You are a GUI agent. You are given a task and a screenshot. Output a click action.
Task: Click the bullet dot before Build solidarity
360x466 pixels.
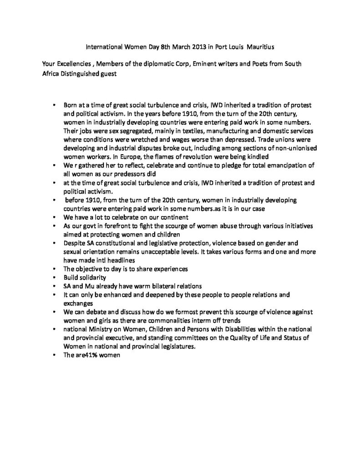pyautogui.click(x=54, y=277)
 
